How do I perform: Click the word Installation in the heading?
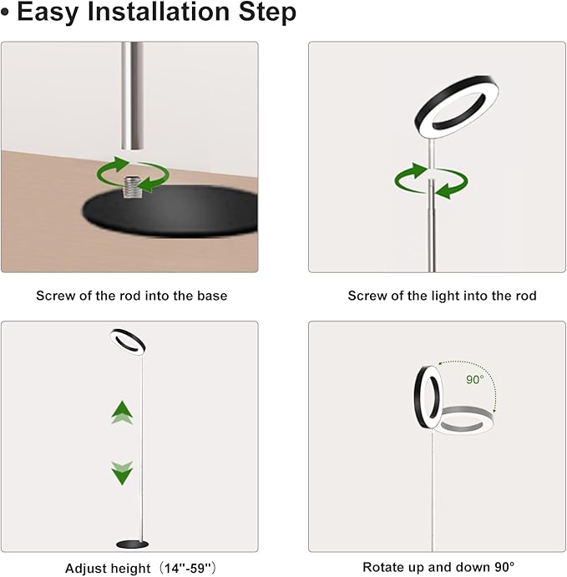point(159,13)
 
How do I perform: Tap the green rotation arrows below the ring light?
point(430,181)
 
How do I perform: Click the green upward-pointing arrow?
point(123,412)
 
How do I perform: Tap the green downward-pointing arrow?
point(123,472)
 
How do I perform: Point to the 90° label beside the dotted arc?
point(476,379)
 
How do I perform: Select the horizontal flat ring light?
point(463,419)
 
